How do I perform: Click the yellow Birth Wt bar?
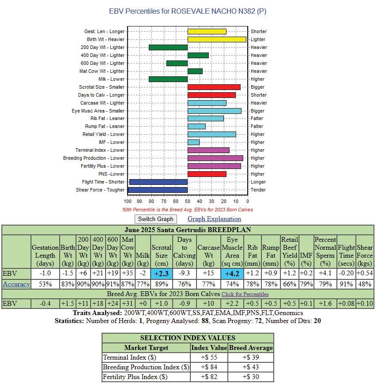click(216, 39)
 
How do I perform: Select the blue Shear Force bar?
click(158, 190)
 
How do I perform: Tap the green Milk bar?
click(168, 79)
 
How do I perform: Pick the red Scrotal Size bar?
click(214, 87)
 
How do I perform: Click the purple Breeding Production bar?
click(215, 158)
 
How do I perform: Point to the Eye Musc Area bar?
click(214, 111)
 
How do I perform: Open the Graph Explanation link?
click(214, 219)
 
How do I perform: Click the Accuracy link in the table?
click(16, 284)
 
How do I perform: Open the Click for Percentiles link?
click(245, 294)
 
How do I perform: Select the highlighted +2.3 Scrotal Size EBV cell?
click(162, 274)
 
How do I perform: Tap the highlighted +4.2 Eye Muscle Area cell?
click(232, 274)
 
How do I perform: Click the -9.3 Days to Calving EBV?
click(185, 274)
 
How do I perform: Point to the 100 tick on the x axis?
click(128, 201)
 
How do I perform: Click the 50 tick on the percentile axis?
click(188, 201)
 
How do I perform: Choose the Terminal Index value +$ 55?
click(209, 357)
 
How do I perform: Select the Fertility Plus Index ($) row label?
click(135, 377)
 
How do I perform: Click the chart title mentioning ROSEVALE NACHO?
click(188, 11)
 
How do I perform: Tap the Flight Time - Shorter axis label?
click(103, 182)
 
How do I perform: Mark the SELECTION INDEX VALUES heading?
click(188, 338)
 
